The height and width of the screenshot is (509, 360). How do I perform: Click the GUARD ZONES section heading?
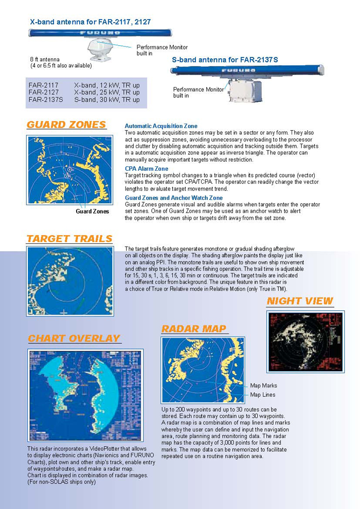pos(66,125)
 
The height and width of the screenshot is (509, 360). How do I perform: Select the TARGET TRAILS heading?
pos(69,239)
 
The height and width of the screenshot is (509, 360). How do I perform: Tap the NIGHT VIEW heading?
pos(300,301)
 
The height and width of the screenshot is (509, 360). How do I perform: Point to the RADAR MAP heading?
pos(194,329)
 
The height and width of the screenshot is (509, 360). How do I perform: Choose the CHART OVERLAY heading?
pos(74,338)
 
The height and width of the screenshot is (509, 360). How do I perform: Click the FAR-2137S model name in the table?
pos(46,100)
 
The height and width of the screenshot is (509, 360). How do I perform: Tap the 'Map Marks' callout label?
pos(263,385)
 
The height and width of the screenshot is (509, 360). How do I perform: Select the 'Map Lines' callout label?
pos(262,395)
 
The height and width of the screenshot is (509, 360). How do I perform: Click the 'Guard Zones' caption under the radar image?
pos(92,211)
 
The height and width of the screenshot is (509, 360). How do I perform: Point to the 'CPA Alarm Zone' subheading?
pos(147,168)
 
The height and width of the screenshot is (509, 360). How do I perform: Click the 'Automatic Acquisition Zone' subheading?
pos(161,126)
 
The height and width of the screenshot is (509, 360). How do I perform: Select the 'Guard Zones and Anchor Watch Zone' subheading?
pos(174,198)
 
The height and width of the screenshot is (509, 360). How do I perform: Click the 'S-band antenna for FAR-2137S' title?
pos(225,60)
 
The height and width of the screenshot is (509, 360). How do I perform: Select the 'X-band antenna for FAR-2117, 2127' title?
pos(91,22)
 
